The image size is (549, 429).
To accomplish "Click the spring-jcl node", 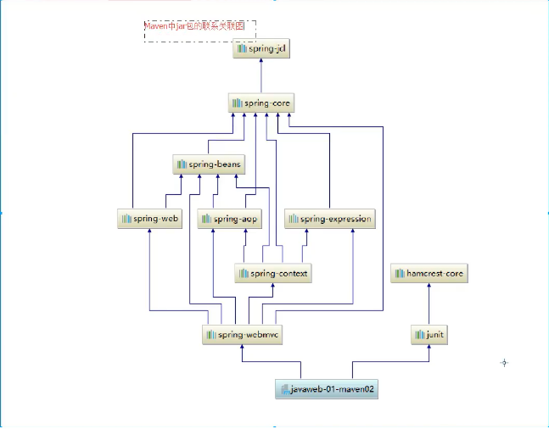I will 261,48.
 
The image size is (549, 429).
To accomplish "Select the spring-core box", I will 261,103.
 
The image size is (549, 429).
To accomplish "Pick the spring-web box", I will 150,219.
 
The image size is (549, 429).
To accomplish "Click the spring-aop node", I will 230,219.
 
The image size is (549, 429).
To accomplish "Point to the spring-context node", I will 273,273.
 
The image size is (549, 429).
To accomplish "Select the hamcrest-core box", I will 429,274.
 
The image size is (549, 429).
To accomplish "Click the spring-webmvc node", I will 242,334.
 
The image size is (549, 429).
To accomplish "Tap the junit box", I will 429,334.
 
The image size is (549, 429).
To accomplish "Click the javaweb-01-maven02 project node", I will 326,390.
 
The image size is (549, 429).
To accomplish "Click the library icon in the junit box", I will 419,335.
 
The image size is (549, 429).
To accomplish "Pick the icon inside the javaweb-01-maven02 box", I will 284,390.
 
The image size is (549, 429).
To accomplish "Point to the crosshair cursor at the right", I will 504,363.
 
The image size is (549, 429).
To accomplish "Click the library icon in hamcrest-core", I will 399,274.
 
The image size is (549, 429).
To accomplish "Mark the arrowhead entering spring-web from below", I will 150,231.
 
